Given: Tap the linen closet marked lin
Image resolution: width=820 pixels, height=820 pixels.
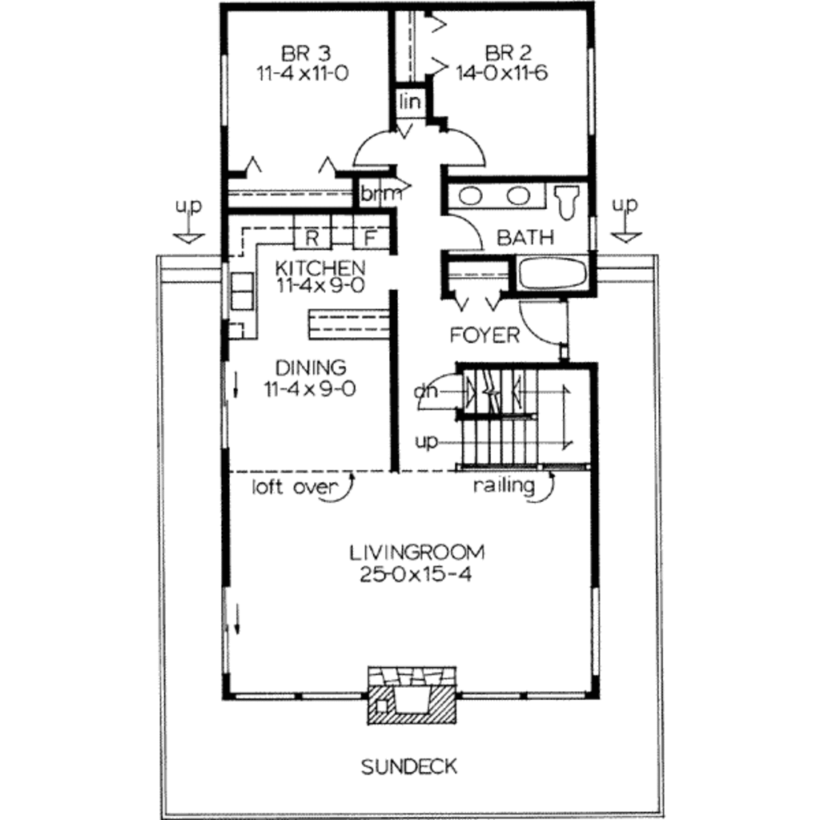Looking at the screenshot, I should pos(411,102).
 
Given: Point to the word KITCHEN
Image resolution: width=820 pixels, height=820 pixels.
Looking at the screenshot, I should pos(320,267).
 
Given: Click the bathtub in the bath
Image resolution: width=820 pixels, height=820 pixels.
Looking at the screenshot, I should pos(553,273).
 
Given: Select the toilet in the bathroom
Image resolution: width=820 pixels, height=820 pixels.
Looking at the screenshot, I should pos(568,201).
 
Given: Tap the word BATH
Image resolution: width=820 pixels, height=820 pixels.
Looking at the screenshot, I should pos(525,237).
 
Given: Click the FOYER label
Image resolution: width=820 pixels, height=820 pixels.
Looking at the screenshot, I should pos(484,335).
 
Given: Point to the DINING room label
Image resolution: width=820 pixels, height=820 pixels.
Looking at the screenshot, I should pos(311,368).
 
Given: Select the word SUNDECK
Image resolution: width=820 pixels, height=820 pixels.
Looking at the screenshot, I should pos(409,767).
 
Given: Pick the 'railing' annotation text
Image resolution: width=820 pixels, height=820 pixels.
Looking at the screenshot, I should pos(504,485).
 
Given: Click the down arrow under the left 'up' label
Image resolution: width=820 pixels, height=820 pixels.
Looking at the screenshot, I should pos(190,236).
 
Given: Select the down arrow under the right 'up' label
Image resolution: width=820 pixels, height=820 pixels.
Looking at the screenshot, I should pos(625,235).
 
